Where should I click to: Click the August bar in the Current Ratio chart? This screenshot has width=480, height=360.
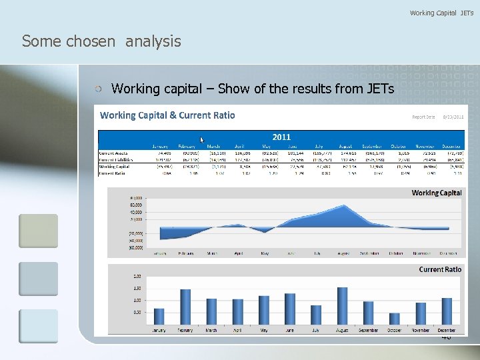pyautogui.click(x=343, y=306)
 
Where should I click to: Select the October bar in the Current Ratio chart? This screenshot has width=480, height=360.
pyautogui.click(x=395, y=319)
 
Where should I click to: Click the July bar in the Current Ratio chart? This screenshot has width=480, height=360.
pyautogui.click(x=316, y=315)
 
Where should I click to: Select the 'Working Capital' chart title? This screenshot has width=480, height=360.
pyautogui.click(x=437, y=193)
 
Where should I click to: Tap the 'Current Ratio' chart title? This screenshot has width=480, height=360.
pyautogui.click(x=440, y=269)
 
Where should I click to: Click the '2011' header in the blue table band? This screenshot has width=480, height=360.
pyautogui.click(x=281, y=137)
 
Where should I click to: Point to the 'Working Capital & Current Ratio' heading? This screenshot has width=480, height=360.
pyautogui.click(x=167, y=115)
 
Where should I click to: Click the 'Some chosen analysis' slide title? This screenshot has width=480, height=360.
pyautogui.click(x=101, y=41)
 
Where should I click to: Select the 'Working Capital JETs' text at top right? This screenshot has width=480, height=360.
pyautogui.click(x=441, y=13)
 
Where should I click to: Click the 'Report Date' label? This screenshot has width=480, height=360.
pyautogui.click(x=423, y=117)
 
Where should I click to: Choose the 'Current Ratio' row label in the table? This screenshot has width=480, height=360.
pyautogui.click(x=114, y=173)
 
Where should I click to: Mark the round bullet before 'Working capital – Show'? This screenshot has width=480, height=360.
pyautogui.click(x=98, y=89)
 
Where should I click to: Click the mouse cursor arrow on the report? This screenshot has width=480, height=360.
pyautogui.click(x=203, y=140)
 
